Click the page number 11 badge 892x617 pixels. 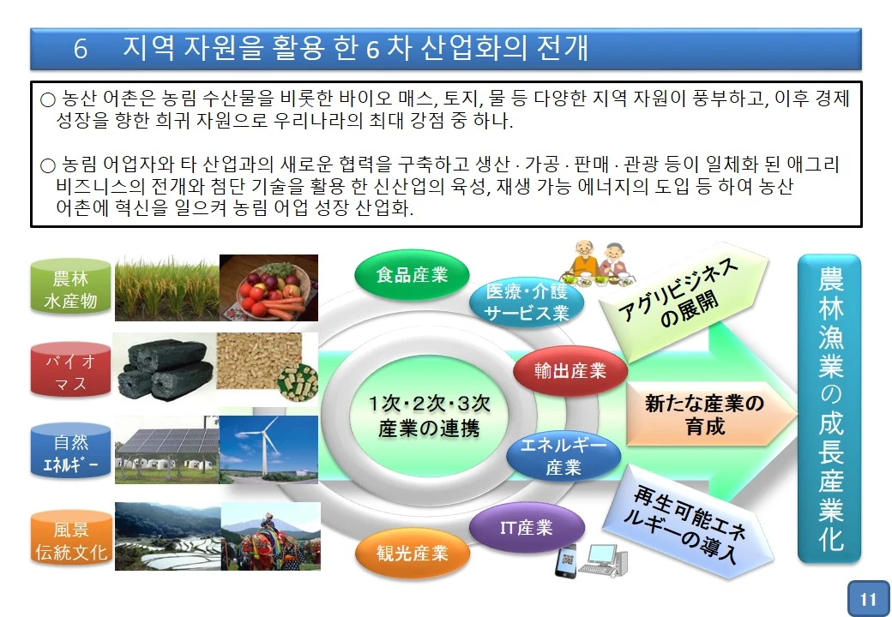(868, 599)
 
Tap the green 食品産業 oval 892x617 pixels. (412, 274)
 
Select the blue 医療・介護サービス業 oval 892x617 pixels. (527, 302)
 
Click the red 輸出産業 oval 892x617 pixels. (570, 371)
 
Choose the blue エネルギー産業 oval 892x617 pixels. (564, 456)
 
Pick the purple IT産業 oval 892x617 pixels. (527, 527)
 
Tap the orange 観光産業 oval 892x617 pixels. (413, 553)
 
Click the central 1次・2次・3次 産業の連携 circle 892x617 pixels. (428, 416)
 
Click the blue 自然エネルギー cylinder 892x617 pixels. (70, 454)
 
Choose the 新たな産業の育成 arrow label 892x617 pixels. (705, 414)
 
